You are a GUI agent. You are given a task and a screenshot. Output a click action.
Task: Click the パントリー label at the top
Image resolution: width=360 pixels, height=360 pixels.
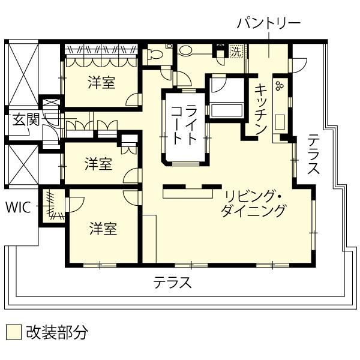point(269,24)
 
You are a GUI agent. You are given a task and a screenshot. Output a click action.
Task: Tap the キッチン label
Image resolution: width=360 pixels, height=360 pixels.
point(261,109)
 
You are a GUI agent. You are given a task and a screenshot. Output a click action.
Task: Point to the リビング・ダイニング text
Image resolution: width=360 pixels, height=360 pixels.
point(253,204)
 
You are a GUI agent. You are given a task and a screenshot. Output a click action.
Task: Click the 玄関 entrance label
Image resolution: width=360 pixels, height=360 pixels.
point(26,120)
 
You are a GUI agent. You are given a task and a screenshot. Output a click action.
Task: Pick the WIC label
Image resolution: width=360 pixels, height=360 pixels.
point(18,208)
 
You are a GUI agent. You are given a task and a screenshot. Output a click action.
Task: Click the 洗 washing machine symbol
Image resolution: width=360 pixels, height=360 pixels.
point(236,52)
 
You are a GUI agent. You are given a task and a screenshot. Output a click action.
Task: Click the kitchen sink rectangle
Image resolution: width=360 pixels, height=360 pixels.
point(280,122)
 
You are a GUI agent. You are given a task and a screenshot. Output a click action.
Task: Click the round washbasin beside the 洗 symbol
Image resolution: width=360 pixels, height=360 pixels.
point(185,50)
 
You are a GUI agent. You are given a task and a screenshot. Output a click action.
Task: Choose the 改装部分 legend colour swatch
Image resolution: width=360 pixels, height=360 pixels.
point(14,332)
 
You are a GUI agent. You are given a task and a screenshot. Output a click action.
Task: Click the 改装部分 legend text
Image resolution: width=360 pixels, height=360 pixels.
point(57,332)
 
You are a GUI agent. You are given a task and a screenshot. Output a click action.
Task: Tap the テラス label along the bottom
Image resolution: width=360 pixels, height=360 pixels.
point(173,283)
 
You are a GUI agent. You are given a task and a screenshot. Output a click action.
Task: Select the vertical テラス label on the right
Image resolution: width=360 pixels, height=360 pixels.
point(313,154)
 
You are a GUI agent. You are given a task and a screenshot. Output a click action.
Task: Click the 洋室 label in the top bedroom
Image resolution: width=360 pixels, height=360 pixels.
point(102,83)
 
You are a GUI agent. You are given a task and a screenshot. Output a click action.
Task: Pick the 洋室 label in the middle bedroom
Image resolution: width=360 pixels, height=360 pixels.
point(98,164)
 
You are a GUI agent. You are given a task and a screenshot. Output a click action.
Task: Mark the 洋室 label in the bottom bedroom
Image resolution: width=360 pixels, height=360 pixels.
point(104,229)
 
